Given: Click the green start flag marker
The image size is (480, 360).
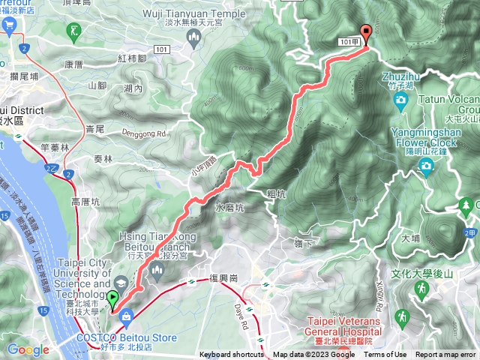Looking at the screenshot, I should [x=113, y=300].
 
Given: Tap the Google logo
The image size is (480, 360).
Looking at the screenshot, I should [x=28, y=349].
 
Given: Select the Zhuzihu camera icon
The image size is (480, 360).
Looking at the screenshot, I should [x=401, y=99].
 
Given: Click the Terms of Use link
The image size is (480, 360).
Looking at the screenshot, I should [x=385, y=355].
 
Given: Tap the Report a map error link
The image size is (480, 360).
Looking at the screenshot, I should [x=446, y=355].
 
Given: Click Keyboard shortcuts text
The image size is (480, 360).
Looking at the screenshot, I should [x=232, y=355].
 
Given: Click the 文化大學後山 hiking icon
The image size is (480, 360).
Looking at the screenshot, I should [x=422, y=290].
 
